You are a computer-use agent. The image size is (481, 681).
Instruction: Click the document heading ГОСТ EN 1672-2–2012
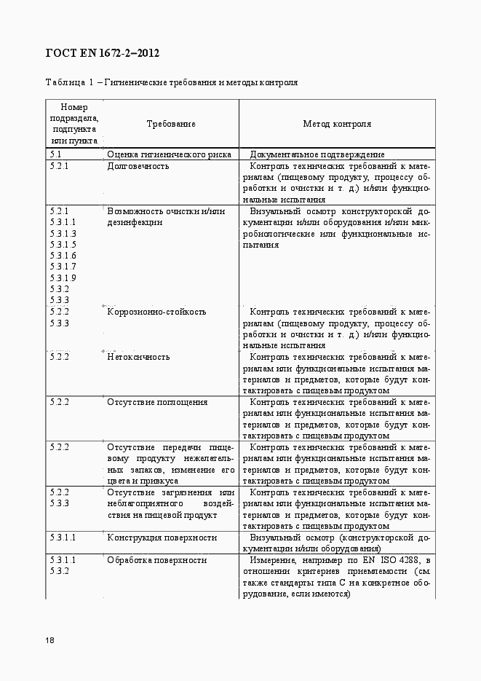[103, 53]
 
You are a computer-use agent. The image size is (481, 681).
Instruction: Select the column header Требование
[171, 124]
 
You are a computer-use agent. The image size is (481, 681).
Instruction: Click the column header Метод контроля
[337, 124]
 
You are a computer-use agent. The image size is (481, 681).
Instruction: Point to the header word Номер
[74, 107]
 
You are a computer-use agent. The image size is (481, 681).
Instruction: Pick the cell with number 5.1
[55, 154]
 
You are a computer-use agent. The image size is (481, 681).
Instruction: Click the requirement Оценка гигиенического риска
[169, 154]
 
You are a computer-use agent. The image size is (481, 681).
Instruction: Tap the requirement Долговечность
[138, 166]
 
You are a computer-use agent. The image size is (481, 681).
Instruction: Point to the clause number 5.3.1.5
[63, 245]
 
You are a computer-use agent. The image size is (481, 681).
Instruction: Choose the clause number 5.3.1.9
[63, 278]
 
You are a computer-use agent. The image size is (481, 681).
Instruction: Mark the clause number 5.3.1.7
[63, 267]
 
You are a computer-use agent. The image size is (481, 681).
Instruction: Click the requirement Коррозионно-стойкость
[156, 312]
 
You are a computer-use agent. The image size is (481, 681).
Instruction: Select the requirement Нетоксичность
[138, 357]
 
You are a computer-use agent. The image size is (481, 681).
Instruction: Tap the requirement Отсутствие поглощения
[157, 402]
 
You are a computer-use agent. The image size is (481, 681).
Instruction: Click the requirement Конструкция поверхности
[162, 538]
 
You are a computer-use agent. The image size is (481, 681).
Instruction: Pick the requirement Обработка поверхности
[157, 560]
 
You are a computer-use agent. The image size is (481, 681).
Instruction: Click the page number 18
[49, 641]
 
